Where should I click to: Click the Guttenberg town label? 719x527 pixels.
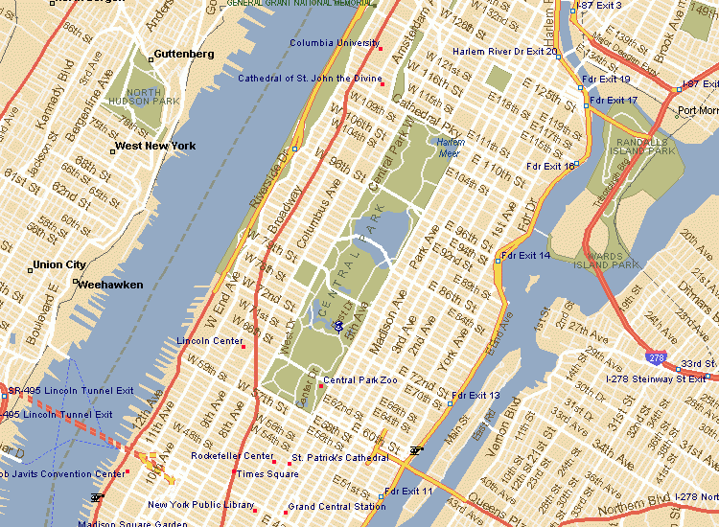[184, 55]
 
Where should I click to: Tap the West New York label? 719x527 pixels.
[154, 146]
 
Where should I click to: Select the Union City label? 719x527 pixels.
[59, 264]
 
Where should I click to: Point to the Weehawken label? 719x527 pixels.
[110, 285]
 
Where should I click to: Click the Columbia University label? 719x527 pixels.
[335, 43]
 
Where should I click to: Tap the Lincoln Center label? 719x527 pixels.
[209, 341]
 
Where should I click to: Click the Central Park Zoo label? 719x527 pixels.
[359, 380]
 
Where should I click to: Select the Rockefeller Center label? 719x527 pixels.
[232, 456]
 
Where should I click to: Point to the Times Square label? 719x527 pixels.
[267, 473]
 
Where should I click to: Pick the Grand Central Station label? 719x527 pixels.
[336, 506]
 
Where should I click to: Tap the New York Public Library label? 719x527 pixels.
[200, 505]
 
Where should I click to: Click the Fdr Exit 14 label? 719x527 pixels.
[526, 256]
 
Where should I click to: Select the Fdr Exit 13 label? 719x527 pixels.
[475, 395]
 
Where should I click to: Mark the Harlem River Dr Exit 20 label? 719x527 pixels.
[505, 51]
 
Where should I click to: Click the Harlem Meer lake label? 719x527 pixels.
[451, 147]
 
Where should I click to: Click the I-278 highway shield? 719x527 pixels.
[656, 357]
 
